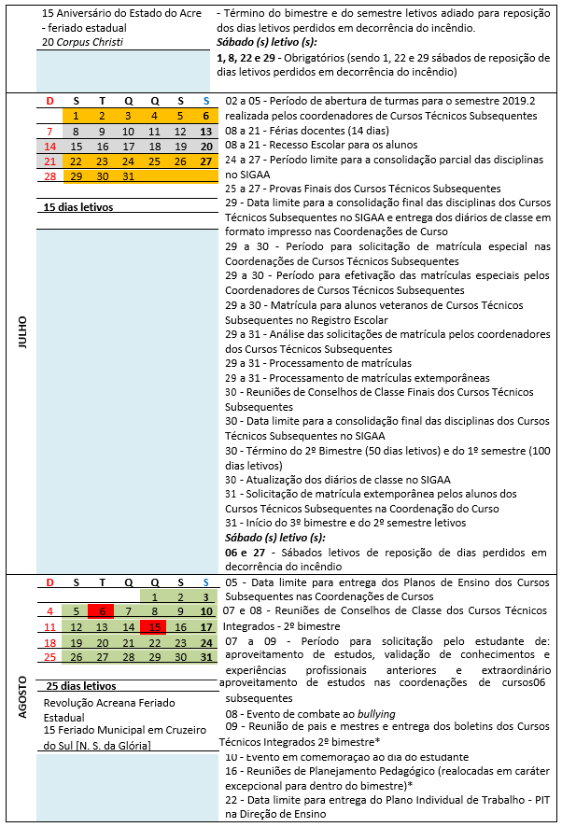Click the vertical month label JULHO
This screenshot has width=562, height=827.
click(x=21, y=331)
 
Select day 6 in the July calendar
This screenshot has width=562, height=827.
click(x=204, y=116)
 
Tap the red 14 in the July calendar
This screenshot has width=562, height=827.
click(x=50, y=147)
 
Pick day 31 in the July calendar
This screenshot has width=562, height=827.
click(x=128, y=176)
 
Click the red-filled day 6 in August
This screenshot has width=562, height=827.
click(x=102, y=611)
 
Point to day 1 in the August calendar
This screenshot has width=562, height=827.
click(x=153, y=596)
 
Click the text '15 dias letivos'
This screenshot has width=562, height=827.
click(x=79, y=206)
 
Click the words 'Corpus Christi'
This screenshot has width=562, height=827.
click(x=91, y=43)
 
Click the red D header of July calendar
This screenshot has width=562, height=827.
click(x=50, y=101)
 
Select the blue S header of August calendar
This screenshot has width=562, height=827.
click(x=205, y=582)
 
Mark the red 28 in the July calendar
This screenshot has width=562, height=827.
click(x=50, y=176)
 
